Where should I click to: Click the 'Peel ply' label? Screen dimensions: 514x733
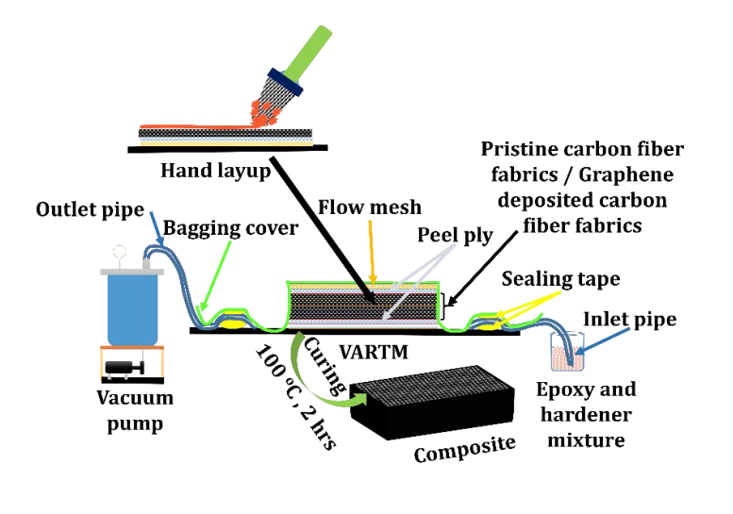456,235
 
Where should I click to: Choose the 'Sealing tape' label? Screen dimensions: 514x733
560,278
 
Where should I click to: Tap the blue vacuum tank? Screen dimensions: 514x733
131,307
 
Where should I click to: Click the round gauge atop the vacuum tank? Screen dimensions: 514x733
121,253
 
